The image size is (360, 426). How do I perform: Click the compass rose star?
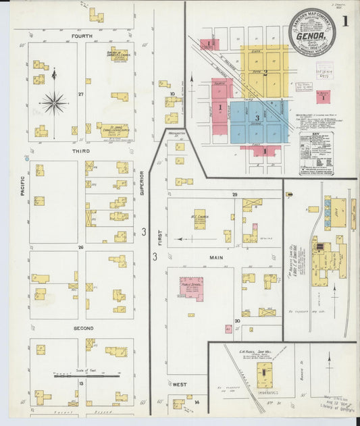coord(54,103)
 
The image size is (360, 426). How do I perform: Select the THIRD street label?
coord(82,152)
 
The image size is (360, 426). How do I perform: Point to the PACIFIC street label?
coord(22,185)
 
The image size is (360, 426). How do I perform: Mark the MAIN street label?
coord(216,257)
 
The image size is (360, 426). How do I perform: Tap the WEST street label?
coord(179,384)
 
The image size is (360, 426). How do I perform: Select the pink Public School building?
coord(191,288)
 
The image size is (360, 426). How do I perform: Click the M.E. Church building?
coord(200,218)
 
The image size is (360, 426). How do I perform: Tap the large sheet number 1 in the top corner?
coord(345,21)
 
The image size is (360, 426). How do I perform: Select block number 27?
coord(80,94)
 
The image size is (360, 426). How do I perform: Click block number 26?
coord(80,247)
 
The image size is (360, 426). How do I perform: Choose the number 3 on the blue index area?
coord(257,118)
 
